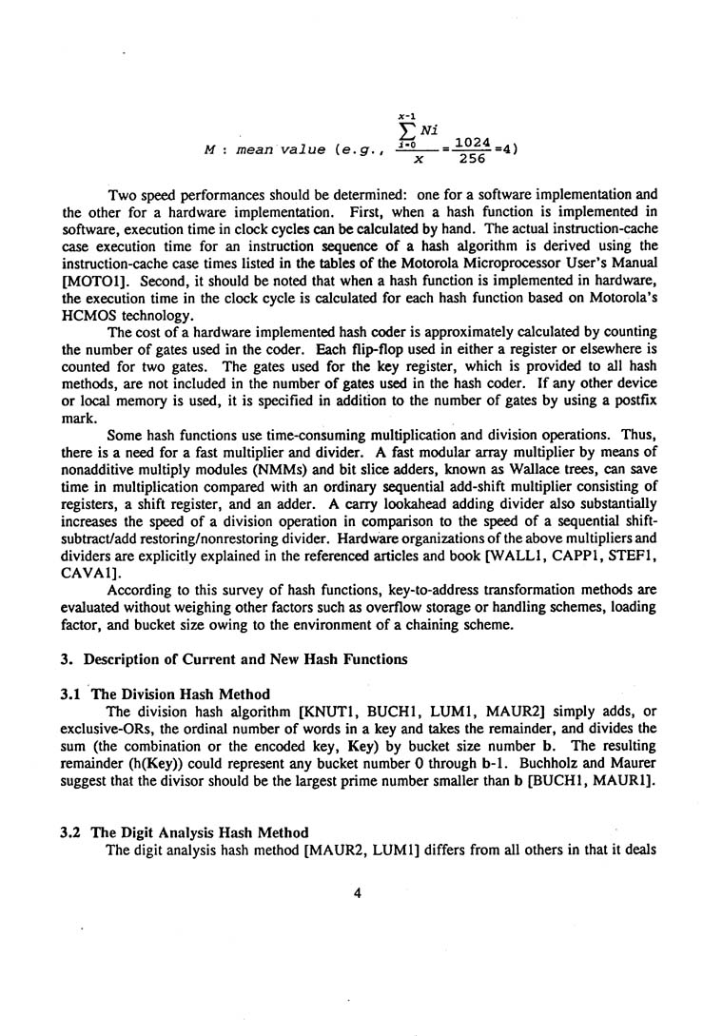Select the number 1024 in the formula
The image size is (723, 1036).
(473, 143)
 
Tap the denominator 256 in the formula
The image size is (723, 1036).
(473, 161)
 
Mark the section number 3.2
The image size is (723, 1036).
(71, 832)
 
